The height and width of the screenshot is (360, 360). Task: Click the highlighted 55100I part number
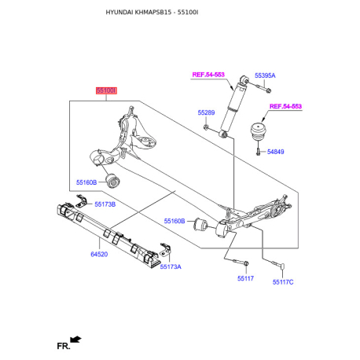(106, 90)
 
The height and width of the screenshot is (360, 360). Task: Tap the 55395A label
(265, 75)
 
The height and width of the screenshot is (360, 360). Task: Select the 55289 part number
(206, 112)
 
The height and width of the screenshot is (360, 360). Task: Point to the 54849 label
(275, 152)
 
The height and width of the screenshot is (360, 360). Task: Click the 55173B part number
(105, 204)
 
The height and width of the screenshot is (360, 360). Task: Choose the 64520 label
(99, 254)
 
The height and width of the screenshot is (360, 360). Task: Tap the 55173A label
(171, 266)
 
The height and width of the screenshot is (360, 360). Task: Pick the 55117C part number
(283, 282)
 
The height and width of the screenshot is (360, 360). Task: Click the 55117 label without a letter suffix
(245, 278)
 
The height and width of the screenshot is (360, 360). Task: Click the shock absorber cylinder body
(231, 108)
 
